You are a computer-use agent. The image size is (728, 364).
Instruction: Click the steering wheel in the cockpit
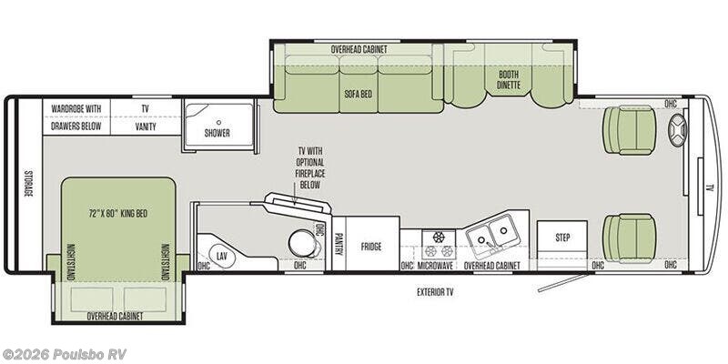pos(677,130)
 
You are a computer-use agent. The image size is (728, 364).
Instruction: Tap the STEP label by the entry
pos(562,238)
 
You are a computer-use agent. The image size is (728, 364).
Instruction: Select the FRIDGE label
pos(371,246)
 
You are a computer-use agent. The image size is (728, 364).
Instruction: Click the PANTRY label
pos(339,245)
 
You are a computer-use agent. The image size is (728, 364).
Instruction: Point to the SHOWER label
pos(217,133)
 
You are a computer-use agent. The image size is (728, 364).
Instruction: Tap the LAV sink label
pos(222,255)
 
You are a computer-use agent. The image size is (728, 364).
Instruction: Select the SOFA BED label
pos(358,95)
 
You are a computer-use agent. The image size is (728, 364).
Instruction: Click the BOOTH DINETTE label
pos(509,80)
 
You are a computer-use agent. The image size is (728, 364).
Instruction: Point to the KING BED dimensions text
pos(118,214)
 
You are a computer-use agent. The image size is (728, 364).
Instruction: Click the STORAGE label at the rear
pos(28,183)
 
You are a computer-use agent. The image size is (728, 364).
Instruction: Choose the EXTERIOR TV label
pos(435,292)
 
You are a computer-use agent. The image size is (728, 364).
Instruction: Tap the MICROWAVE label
pos(435,266)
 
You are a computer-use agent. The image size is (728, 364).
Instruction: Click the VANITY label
pos(146,126)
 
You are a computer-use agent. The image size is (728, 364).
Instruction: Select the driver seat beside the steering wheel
pos(629,130)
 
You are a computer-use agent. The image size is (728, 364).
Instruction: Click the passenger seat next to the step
pos(629,238)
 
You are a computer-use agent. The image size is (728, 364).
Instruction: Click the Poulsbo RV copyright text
pos(64,354)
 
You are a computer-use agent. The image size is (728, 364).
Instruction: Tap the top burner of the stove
pos(439,237)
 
